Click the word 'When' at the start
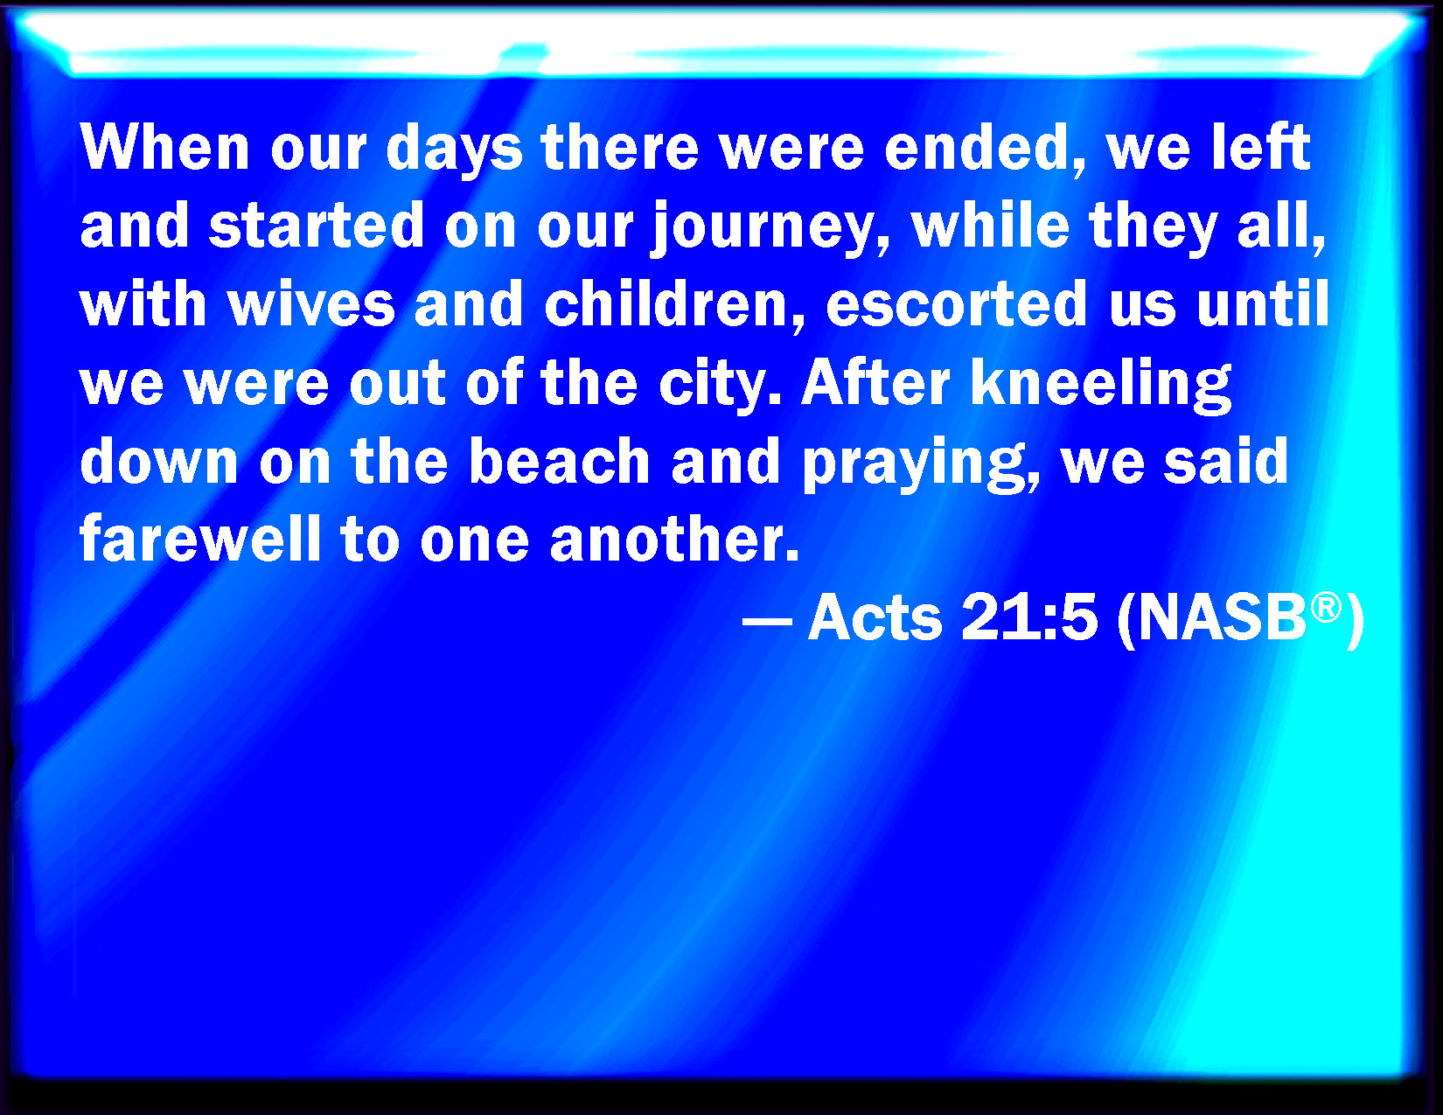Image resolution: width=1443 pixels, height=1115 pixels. click(164, 147)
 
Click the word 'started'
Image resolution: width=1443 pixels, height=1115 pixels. click(316, 225)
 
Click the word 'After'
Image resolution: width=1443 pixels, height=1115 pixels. click(876, 381)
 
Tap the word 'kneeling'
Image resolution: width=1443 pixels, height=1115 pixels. click(1101, 385)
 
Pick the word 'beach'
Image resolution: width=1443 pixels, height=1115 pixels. click(559, 460)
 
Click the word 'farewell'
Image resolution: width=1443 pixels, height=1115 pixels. click(200, 537)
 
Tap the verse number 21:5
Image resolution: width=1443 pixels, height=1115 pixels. click(1028, 617)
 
